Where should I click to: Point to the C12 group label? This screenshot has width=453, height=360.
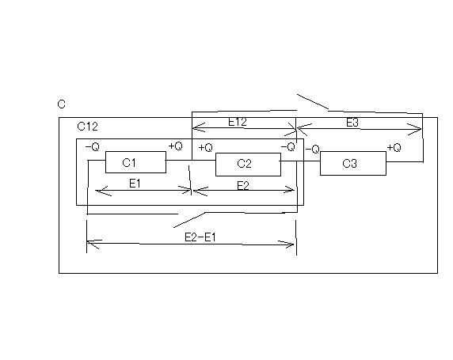88,127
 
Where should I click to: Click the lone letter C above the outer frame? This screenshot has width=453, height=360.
62,104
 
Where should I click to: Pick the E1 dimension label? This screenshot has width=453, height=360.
135,184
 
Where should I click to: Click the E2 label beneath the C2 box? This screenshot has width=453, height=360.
243,185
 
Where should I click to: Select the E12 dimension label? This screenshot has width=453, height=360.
238,122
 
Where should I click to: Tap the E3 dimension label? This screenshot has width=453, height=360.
352,123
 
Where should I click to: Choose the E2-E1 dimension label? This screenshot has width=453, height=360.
200,237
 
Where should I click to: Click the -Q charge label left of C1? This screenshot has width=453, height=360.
93,147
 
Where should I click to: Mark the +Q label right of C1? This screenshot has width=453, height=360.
175,146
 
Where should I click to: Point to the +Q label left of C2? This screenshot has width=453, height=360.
205,148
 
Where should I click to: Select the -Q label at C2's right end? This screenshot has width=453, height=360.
287,147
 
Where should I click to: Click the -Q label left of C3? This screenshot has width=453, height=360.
312,150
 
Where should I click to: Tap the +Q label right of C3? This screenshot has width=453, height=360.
394,148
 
